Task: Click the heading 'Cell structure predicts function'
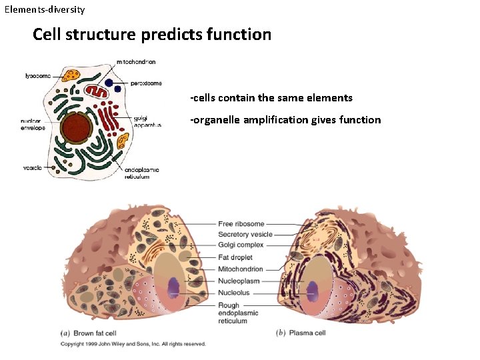[x=152, y=34]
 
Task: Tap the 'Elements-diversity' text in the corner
[x=45, y=10]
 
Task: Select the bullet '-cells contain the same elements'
[x=271, y=98]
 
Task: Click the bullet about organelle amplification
[x=285, y=120]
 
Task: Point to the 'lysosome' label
[x=38, y=76]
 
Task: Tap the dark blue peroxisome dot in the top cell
[x=117, y=87]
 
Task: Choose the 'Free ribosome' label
[x=241, y=224]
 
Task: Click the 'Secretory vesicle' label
[x=245, y=235]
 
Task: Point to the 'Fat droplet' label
[x=235, y=257]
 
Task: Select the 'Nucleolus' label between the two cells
[x=235, y=292]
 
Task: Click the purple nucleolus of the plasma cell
[x=313, y=288]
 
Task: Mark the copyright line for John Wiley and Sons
[x=133, y=344]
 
